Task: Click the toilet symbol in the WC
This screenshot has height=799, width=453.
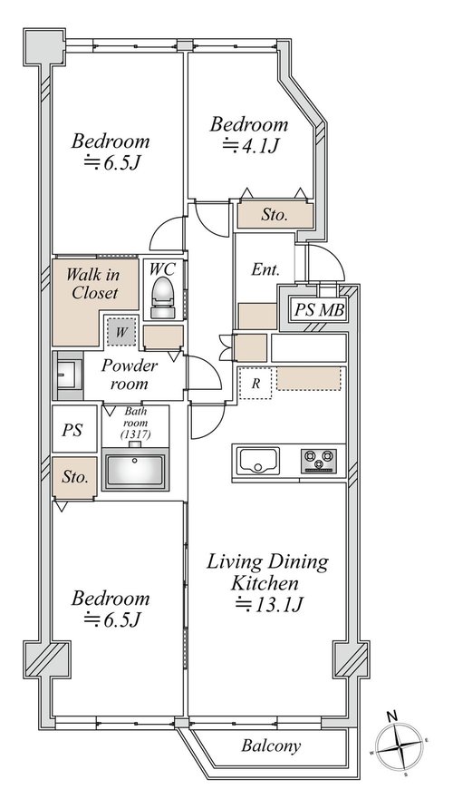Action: coord(163,298)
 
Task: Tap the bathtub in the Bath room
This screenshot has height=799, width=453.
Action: coord(135,469)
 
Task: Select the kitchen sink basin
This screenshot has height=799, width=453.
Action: coord(258,461)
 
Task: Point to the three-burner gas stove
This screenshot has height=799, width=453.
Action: coord(319,461)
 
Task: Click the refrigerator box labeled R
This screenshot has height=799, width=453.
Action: coord(255,384)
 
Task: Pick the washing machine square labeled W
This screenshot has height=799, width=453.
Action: coord(121,333)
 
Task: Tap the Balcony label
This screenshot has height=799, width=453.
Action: coord(271,746)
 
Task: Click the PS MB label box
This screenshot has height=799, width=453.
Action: coord(319,310)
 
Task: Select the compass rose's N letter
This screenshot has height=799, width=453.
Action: coord(392,716)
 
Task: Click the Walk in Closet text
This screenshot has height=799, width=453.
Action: coord(94,283)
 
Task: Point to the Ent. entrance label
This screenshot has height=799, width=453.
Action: coord(265,269)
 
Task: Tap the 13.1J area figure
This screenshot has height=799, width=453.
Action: coord(270,605)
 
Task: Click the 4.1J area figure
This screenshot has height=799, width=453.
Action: coord(250,146)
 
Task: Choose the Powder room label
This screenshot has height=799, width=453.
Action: coord(129,375)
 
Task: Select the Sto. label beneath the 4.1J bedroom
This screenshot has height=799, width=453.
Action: coord(275,215)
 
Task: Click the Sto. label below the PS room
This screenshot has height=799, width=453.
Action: coord(75,477)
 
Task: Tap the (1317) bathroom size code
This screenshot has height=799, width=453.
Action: coord(135,435)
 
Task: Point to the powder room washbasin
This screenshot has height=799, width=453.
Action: coord(68,375)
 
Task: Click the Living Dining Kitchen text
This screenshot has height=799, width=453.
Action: coord(267,572)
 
